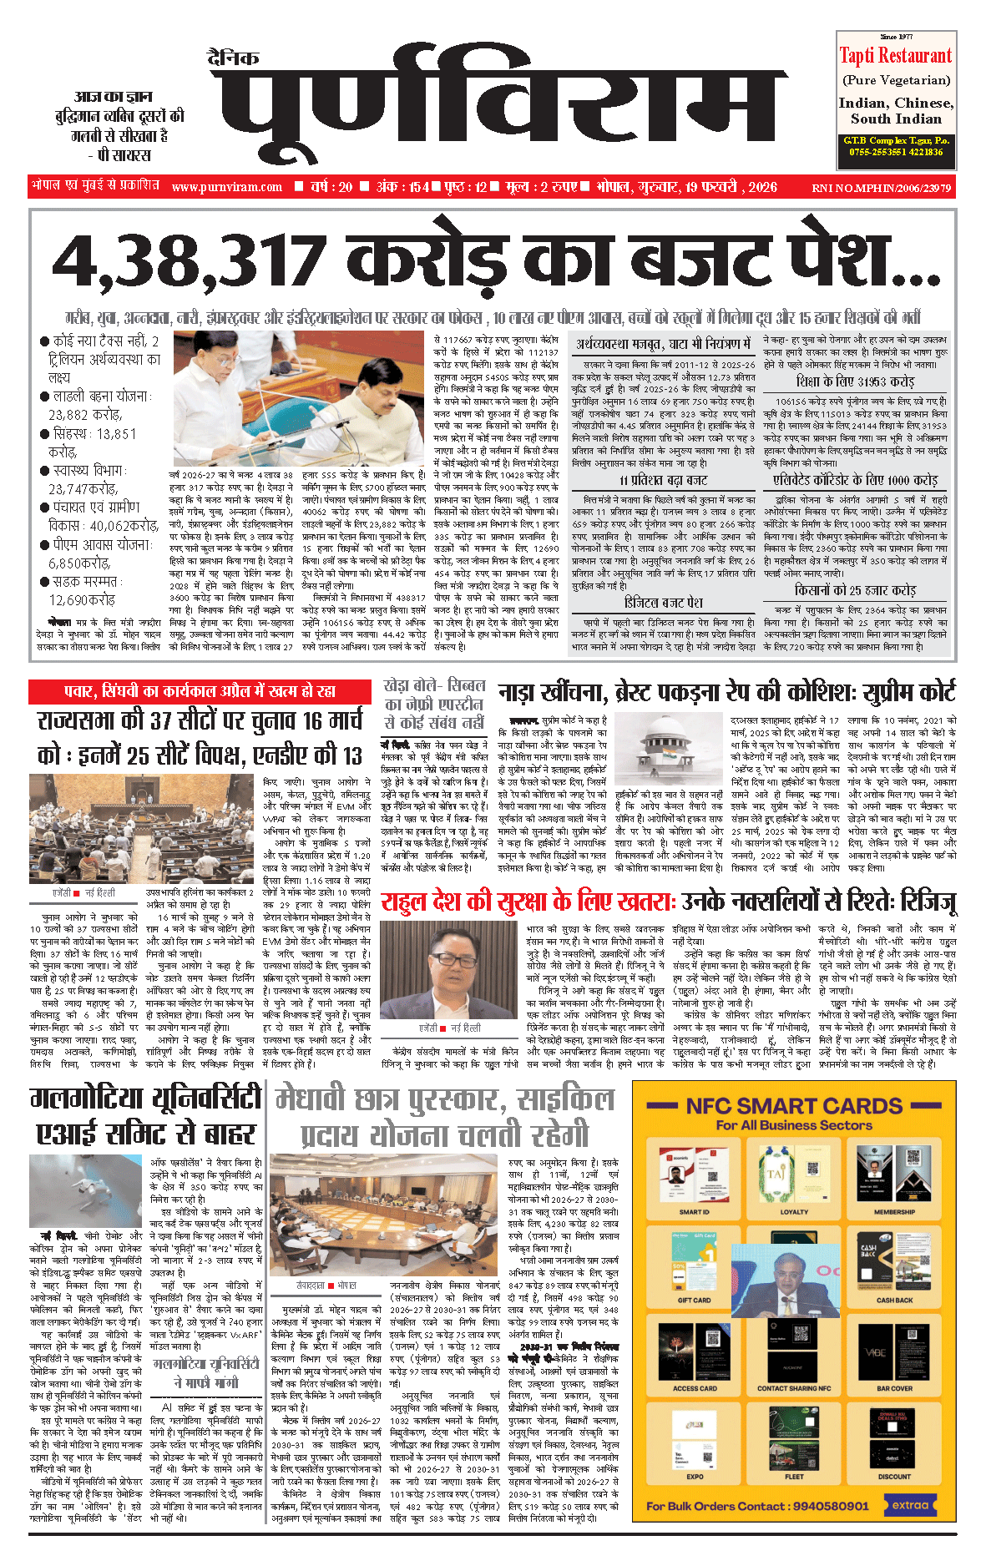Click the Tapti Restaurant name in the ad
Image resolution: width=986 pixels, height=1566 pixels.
pos(896,56)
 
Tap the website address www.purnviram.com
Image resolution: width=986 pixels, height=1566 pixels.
pos(227,187)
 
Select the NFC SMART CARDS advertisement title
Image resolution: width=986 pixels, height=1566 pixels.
pos(794,1106)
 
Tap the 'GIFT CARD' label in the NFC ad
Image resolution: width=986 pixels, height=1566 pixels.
pos(695,1300)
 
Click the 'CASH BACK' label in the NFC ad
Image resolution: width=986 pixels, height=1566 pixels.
pos(894,1300)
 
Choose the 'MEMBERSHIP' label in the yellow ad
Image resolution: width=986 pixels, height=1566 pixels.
pos(894,1211)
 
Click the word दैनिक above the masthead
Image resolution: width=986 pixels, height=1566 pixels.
pos(234,58)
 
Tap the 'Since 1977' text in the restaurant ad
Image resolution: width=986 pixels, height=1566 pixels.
pos(896,37)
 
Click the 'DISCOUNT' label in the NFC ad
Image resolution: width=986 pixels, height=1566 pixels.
pos(894,1476)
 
